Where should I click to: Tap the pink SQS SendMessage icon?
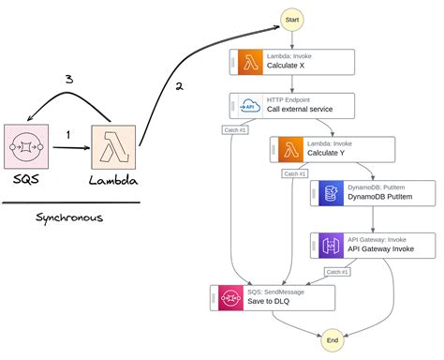[x=226, y=298]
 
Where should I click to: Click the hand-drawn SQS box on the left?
[x=27, y=148]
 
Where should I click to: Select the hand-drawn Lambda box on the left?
[x=114, y=148]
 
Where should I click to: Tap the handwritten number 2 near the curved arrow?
[x=178, y=87]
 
